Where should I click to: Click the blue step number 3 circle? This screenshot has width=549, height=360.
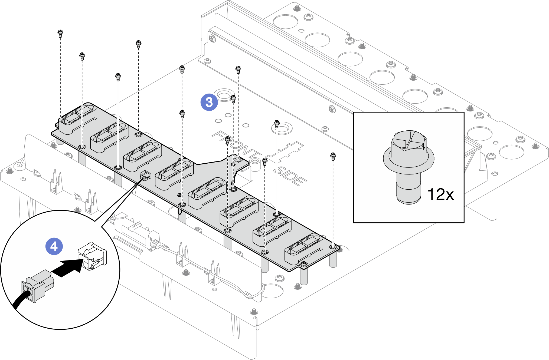coord(209,102)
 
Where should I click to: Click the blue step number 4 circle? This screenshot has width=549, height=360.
coord(54,246)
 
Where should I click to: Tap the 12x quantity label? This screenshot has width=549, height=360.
coord(440,194)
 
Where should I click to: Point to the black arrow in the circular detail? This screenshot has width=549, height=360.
coord(68,268)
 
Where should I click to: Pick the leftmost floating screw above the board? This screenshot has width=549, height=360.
coord(60,33)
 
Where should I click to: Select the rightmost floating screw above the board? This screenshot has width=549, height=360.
coord(333,156)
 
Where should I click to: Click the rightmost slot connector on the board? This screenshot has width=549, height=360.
coord(304,249)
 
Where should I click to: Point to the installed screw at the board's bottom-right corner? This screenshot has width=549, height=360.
coord(303,264)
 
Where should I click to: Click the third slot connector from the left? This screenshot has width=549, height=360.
coord(142,156)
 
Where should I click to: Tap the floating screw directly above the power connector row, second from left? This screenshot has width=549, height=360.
coord(82,56)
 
